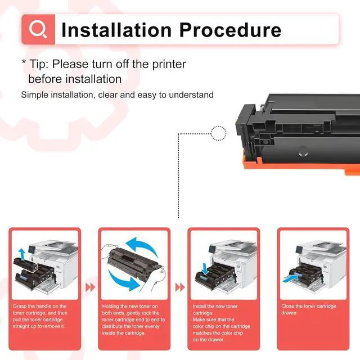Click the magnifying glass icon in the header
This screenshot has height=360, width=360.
point(38,29)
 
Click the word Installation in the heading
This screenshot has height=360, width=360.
point(116,30)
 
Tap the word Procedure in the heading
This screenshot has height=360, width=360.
point(230,30)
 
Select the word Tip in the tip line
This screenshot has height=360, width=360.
point(39,64)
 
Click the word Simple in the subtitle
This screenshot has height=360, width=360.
point(34,95)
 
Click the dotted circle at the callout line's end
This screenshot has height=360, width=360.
point(219,133)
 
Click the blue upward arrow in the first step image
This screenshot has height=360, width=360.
point(22,254)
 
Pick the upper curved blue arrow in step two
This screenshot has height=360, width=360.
point(142,246)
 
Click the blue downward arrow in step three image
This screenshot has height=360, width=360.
point(205,269)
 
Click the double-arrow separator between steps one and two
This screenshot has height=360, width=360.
point(90,287)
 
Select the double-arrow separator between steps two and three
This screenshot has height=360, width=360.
point(180,287)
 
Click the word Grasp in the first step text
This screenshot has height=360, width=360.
point(19,306)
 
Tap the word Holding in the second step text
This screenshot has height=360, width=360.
point(110,306)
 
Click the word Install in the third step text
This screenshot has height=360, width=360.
point(199,306)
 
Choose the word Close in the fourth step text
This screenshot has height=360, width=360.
point(287,306)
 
